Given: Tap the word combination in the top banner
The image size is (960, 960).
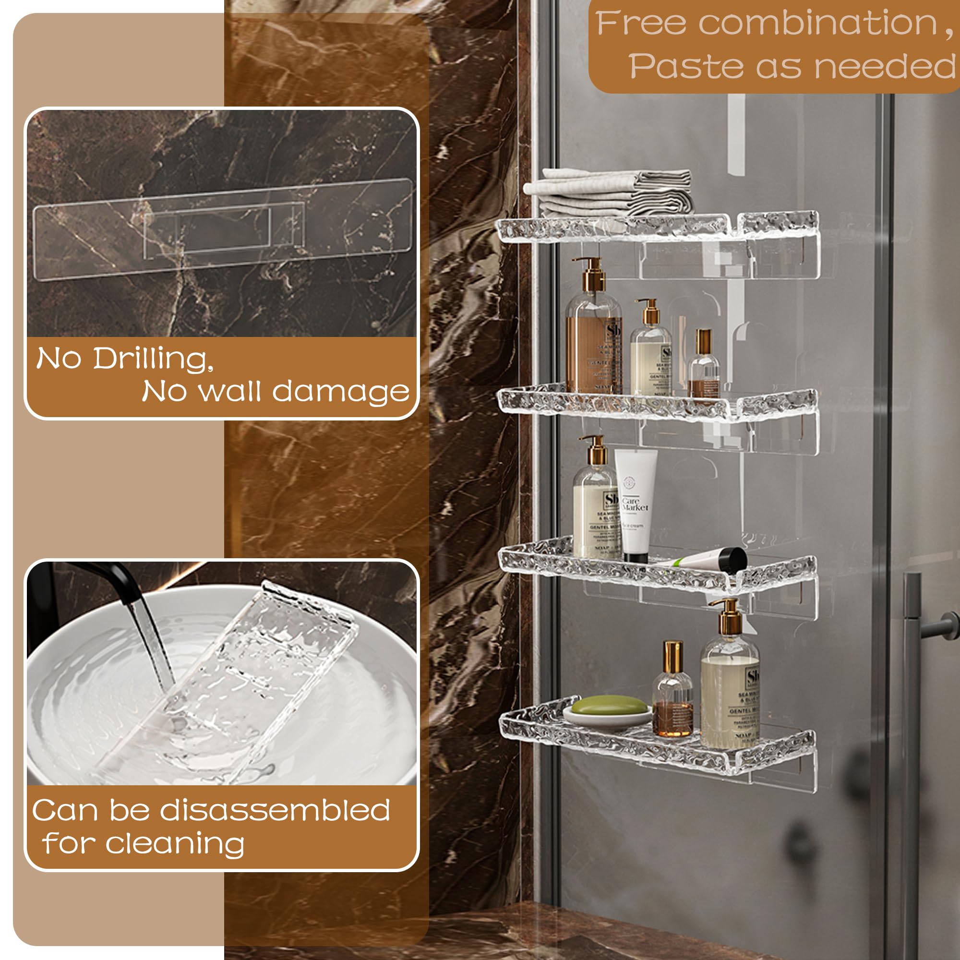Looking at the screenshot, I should (x=817, y=24).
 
